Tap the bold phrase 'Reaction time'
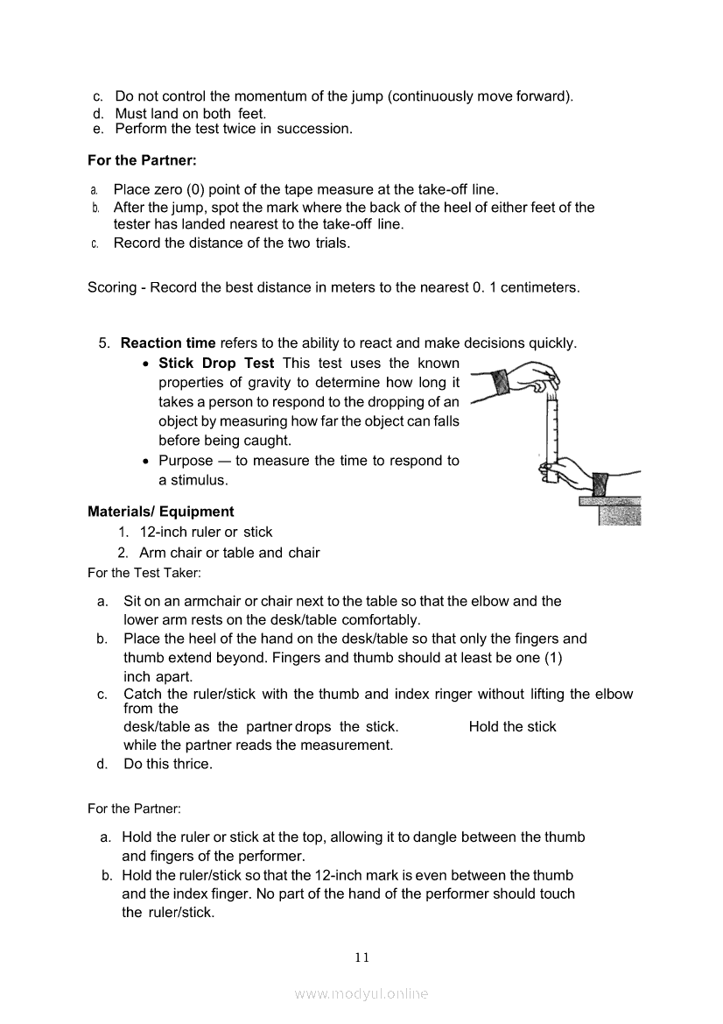tap(168, 343)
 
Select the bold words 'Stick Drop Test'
tap(216, 363)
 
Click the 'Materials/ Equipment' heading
tap(161, 512)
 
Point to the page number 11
tap(362, 957)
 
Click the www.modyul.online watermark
tap(361, 993)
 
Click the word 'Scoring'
tap(112, 287)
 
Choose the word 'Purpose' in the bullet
tap(186, 461)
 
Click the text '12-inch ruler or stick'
tap(206, 532)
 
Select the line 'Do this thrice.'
tap(168, 764)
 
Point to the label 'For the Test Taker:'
tap(144, 573)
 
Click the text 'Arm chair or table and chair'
tap(229, 553)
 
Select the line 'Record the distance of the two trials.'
tap(232, 243)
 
